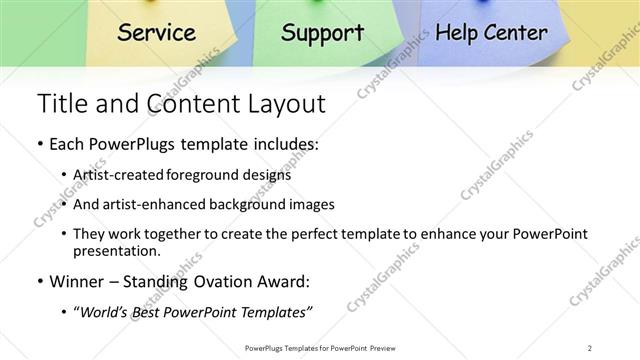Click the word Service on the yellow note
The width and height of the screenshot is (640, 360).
(x=156, y=32)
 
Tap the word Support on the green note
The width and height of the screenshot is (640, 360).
(x=322, y=33)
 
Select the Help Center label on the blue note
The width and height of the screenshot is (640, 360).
(x=492, y=33)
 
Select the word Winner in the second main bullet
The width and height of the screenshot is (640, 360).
(x=77, y=281)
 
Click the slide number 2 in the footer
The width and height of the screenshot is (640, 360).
(x=590, y=348)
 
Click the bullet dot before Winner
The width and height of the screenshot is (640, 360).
(x=39, y=282)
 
